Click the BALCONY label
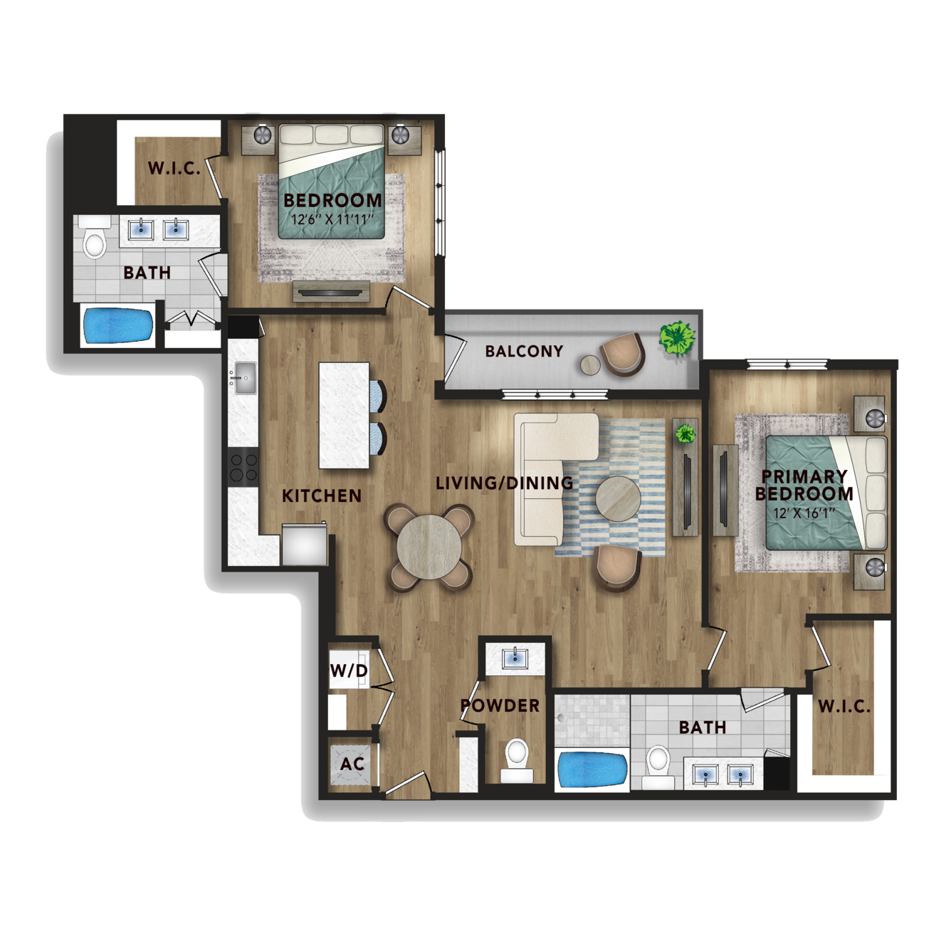pyautogui.click(x=524, y=351)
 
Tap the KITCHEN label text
pyautogui.click(x=321, y=495)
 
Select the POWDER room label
pyautogui.click(x=500, y=705)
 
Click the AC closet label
pyautogui.click(x=352, y=764)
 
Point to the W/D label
pyautogui.click(x=349, y=671)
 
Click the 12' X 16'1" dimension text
pyautogui.click(x=804, y=513)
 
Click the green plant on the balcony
pyautogui.click(x=678, y=338)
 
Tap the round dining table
pyautogui.click(x=429, y=547)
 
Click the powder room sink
pyautogui.click(x=515, y=658)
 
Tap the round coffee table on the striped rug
pyautogui.click(x=618, y=498)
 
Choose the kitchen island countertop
pyautogui.click(x=344, y=416)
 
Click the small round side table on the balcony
pyautogui.click(x=590, y=365)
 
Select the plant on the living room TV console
pyautogui.click(x=685, y=434)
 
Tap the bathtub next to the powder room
pyautogui.click(x=592, y=770)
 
